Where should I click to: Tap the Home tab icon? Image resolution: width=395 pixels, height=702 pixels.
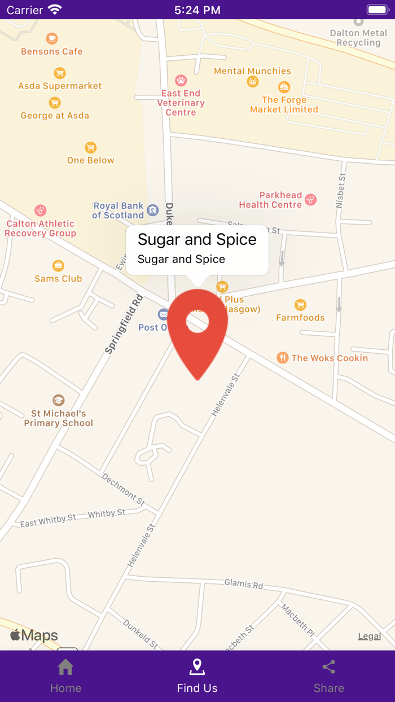pyautogui.click(x=65, y=668)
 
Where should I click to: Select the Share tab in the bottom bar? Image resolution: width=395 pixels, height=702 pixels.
pyautogui.click(x=328, y=676)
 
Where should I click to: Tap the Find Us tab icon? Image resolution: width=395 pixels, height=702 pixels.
pyautogui.click(x=197, y=668)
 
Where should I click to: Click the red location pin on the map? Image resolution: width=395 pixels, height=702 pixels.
pyautogui.click(x=197, y=333)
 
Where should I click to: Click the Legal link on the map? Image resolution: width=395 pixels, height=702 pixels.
pyautogui.click(x=369, y=636)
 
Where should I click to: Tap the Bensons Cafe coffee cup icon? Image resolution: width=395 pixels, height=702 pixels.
pyautogui.click(x=52, y=38)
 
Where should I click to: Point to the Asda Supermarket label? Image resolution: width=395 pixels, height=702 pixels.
pyautogui.click(x=60, y=86)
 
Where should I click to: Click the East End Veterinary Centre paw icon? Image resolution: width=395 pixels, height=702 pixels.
pyautogui.click(x=181, y=80)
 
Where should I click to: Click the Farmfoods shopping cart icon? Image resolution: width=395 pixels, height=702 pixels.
pyautogui.click(x=300, y=305)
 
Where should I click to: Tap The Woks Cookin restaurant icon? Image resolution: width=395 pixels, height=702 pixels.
pyautogui.click(x=283, y=358)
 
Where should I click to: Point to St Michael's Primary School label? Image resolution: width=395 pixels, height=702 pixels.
pyautogui.click(x=58, y=418)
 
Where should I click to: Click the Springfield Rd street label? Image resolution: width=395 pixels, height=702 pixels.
pyautogui.click(x=124, y=324)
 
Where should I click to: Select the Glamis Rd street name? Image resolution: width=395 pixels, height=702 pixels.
pyautogui.click(x=244, y=583)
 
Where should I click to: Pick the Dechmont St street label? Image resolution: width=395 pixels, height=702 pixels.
pyautogui.click(x=124, y=489)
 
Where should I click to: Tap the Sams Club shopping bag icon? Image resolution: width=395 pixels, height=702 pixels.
pyautogui.click(x=58, y=265)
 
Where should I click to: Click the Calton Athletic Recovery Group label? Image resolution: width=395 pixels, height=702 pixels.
pyautogui.click(x=41, y=229)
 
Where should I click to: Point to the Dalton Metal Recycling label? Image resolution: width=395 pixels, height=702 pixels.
pyautogui.click(x=358, y=38)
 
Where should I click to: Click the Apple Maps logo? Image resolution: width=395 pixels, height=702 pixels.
pyautogui.click(x=34, y=635)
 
